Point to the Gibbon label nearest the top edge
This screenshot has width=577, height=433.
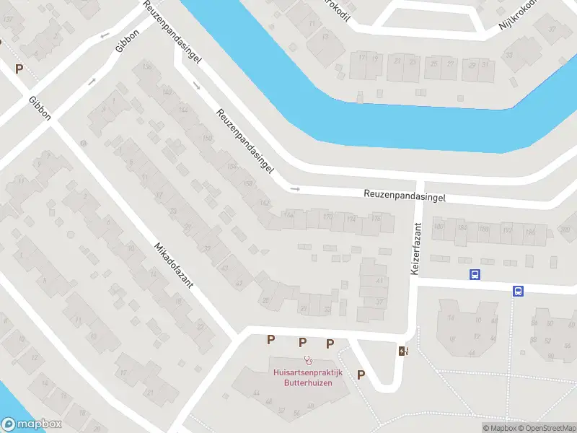click(127, 38)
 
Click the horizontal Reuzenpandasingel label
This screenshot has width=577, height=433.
click(405, 196)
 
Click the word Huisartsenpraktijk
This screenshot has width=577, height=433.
click(307, 372)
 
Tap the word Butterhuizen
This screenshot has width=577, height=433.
click(307, 382)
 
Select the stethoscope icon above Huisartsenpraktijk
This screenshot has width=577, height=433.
click(308, 359)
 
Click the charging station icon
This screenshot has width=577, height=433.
click(402, 351)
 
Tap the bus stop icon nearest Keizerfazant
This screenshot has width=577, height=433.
click(475, 274)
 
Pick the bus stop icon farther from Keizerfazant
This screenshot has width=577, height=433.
click(518, 291)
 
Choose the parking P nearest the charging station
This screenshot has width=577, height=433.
click(361, 374)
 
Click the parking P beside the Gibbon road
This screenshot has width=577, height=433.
click(19, 69)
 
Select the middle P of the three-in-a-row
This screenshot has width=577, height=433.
click(303, 341)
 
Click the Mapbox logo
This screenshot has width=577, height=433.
click(31, 424)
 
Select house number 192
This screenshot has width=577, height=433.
click(507, 231)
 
